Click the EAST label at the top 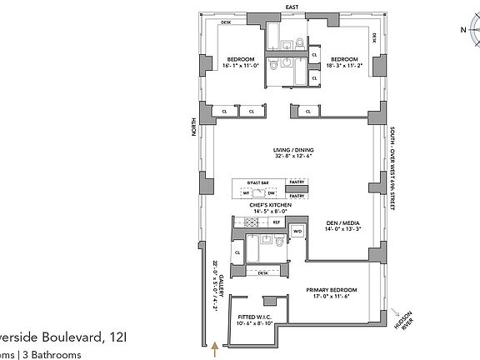tap(291, 7)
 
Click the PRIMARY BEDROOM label tap(330, 288)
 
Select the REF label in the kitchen tap(276, 222)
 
